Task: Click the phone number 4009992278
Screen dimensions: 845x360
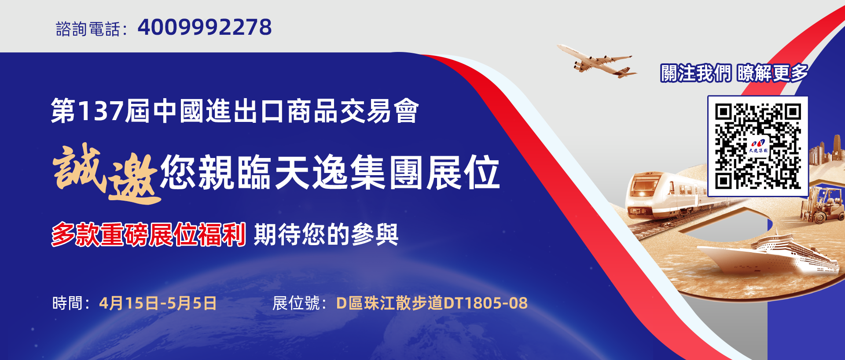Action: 205,27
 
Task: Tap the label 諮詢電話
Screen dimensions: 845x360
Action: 88,29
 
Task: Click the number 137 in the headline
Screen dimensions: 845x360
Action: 100,111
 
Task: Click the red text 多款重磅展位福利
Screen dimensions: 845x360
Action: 149,234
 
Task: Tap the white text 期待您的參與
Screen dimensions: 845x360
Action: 326,234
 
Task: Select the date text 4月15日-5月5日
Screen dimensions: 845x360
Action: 158,303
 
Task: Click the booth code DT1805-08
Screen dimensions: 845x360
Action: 485,303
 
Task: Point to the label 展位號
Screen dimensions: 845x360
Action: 296,303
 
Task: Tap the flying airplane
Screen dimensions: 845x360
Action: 596,61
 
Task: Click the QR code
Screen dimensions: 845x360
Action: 758,146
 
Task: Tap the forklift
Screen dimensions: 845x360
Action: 821,205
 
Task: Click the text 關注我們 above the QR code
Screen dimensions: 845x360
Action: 696,73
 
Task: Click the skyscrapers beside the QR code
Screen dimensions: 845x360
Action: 827,151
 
